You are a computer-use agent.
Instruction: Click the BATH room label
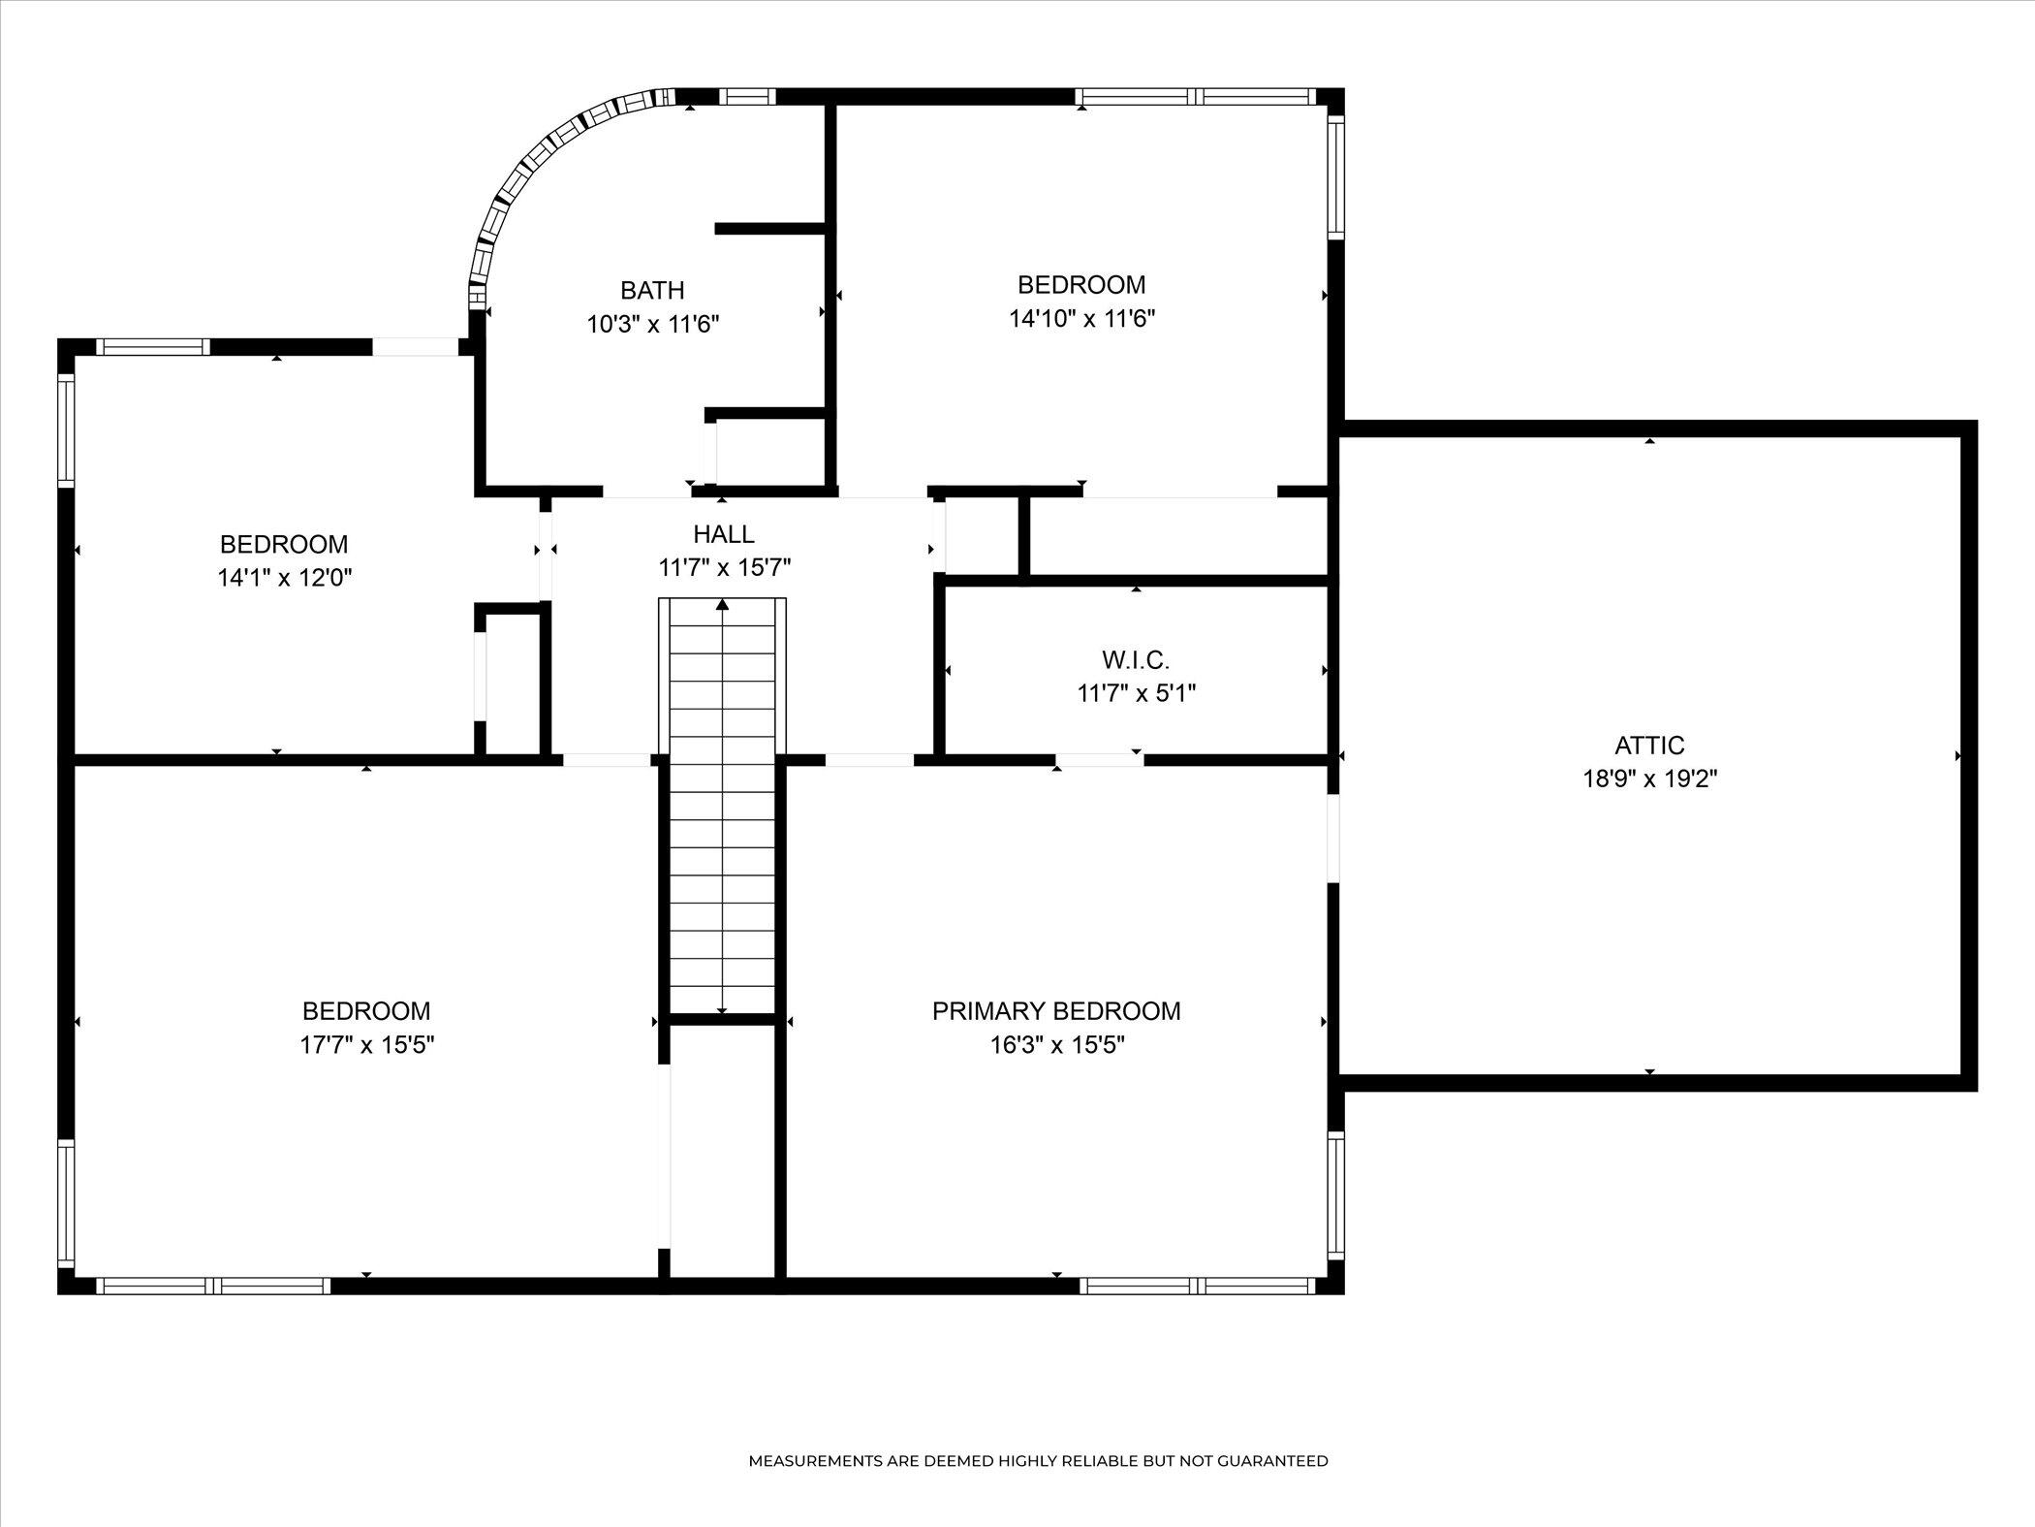(652, 290)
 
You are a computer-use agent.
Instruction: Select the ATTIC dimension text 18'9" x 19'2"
(1649, 779)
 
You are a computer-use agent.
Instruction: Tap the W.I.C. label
(1136, 660)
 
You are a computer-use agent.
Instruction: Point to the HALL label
(723, 534)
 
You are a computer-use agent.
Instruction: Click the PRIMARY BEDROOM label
(1056, 1011)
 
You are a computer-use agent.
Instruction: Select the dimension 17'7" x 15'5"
(366, 1045)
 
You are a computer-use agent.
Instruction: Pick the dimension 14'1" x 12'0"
(284, 578)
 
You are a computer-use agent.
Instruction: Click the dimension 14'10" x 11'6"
(1081, 318)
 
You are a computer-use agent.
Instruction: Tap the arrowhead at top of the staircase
(722, 605)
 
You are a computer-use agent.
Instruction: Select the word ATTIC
(1649, 746)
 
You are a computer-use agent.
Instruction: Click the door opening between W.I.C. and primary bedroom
(1099, 760)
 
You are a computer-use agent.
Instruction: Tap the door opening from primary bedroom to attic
(1333, 838)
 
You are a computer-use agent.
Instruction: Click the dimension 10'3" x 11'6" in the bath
(652, 324)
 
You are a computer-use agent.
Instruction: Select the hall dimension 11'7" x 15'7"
(724, 568)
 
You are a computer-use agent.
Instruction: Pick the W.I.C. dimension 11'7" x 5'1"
(1136, 694)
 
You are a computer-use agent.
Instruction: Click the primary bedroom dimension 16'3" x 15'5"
(1056, 1045)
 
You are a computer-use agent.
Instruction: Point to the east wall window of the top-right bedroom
(1335, 176)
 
